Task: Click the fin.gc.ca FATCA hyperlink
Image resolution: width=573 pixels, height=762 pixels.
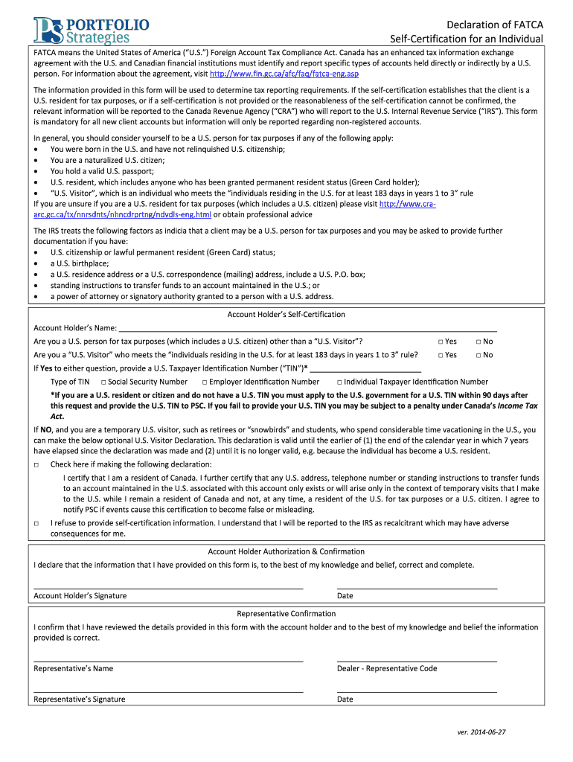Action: click(x=274, y=74)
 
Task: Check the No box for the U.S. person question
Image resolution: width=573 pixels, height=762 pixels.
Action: click(x=479, y=342)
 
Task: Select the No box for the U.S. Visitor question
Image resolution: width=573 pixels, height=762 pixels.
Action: click(x=479, y=355)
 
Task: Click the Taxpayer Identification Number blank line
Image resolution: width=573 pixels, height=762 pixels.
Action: click(x=365, y=368)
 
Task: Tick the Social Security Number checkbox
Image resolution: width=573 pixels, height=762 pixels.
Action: click(x=103, y=382)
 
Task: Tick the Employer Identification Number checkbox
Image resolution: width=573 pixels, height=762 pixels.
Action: click(x=204, y=382)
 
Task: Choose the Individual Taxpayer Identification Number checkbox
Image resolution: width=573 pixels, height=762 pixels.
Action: click(x=339, y=382)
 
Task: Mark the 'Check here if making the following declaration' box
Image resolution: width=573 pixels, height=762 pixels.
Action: click(x=36, y=464)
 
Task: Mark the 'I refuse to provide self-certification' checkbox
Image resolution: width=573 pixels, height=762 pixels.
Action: click(x=36, y=523)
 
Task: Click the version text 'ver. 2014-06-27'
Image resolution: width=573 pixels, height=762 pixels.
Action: click(x=481, y=733)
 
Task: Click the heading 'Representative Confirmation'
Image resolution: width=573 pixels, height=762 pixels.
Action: click(x=286, y=614)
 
